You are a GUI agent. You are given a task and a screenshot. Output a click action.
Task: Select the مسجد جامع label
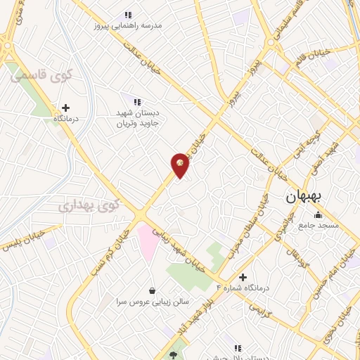319,225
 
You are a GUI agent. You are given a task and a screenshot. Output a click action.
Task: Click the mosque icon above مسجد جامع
319,214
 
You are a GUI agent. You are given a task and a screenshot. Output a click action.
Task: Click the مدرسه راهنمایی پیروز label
128,25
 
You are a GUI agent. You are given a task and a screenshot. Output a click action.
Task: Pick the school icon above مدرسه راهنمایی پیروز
128,14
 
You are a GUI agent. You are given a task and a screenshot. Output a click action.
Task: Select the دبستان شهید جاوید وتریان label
138,117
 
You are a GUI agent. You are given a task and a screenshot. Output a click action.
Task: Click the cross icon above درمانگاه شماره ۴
243,277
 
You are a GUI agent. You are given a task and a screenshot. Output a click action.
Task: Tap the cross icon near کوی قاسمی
66,108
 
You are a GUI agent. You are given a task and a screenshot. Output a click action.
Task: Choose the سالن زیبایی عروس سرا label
153,301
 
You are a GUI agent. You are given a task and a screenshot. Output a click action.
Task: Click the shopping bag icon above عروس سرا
152,290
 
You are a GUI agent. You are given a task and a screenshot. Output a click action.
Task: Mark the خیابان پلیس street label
21,240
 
